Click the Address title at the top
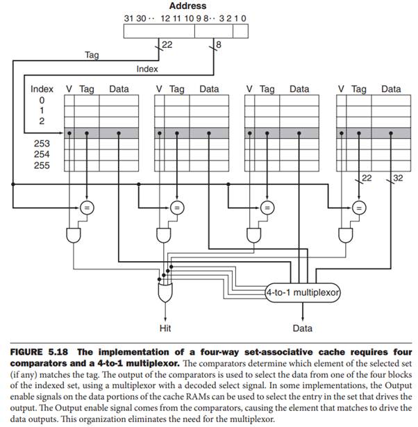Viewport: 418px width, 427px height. click(187, 6)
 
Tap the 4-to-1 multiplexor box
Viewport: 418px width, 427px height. click(303, 293)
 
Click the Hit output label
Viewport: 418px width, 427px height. click(165, 327)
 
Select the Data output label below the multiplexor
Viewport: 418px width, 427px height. click(302, 327)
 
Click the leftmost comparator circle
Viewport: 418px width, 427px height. click(86, 207)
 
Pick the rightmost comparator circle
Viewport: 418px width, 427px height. click(358, 207)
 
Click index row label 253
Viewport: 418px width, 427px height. click(42, 143)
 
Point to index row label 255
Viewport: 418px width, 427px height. click(42, 166)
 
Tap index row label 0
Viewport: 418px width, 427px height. click(42, 99)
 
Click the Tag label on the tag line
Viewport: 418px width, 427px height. click(92, 54)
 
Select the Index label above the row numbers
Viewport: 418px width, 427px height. click(42, 89)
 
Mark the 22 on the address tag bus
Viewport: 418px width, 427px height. click(167, 44)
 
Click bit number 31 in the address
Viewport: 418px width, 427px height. click(128, 17)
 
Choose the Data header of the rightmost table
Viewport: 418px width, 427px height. click(391, 89)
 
